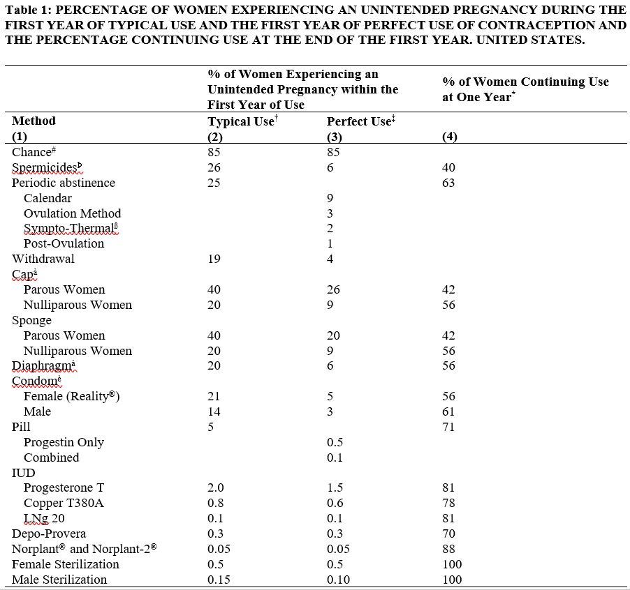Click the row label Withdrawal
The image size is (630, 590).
click(x=43, y=259)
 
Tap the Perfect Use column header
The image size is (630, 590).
click(x=359, y=121)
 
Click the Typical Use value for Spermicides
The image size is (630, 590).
click(x=214, y=167)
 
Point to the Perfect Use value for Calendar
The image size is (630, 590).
click(x=330, y=198)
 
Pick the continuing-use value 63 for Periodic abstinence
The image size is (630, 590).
click(x=448, y=183)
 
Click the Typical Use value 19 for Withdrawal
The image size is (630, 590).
click(x=214, y=259)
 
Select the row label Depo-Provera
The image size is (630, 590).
click(x=49, y=534)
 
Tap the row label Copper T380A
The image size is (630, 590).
click(x=64, y=503)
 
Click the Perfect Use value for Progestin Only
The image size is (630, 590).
click(x=334, y=442)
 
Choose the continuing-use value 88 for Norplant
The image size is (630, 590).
click(x=448, y=549)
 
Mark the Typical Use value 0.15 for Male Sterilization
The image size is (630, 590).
click(x=219, y=580)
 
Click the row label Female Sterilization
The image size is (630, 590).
click(x=66, y=564)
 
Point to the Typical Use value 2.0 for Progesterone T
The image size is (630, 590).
click(x=216, y=487)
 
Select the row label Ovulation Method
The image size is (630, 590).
click(x=72, y=213)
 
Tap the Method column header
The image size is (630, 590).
click(x=34, y=121)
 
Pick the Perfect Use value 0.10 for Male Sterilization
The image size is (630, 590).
click(x=339, y=580)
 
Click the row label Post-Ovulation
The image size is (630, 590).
click(x=64, y=243)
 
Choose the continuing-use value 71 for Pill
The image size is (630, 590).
click(x=448, y=427)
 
